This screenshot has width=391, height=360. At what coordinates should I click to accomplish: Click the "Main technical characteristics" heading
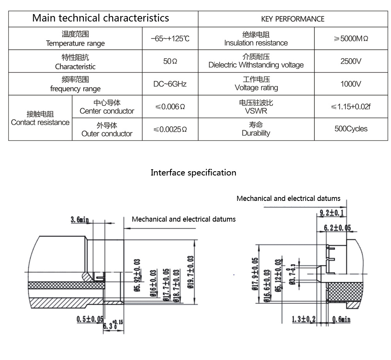[100, 18]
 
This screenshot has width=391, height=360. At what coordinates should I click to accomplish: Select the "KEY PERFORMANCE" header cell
[292, 19]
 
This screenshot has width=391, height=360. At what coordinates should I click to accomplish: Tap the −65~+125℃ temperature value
[170, 39]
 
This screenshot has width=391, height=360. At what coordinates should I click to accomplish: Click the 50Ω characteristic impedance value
[170, 61]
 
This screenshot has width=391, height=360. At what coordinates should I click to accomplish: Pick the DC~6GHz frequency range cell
[170, 84]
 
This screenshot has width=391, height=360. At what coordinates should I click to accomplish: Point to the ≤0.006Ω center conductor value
[170, 106]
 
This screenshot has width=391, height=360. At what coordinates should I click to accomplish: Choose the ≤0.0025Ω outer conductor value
[170, 129]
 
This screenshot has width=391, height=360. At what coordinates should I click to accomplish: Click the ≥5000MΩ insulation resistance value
[351, 39]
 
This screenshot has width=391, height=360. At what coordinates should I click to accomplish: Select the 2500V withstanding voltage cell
[351, 61]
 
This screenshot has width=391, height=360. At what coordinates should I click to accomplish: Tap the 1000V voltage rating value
[351, 84]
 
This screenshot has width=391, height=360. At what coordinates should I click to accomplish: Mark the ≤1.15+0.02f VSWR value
[351, 106]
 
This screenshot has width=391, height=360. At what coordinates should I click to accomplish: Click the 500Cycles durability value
[351, 129]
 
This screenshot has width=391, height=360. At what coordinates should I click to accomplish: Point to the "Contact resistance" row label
[40, 118]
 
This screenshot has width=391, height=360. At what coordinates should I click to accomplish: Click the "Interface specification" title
[193, 172]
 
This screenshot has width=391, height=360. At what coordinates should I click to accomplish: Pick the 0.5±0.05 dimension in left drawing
[89, 319]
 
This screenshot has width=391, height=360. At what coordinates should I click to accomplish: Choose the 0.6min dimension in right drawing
[341, 319]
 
